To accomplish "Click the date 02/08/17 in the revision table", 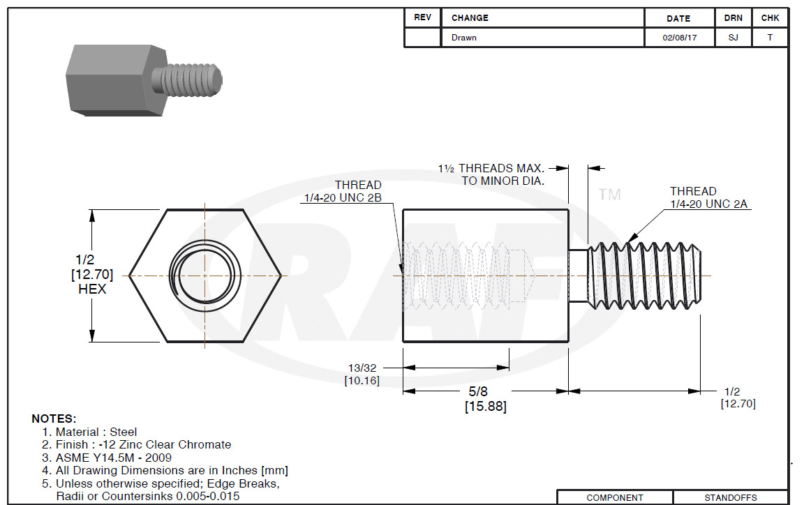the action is click(x=679, y=38).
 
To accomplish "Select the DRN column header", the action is click(x=734, y=18).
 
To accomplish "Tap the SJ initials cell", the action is click(x=734, y=38).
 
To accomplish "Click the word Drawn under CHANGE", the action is click(x=463, y=38).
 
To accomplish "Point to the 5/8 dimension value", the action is click(x=478, y=391).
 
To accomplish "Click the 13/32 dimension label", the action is click(x=362, y=368).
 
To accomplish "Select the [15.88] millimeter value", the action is click(x=486, y=407).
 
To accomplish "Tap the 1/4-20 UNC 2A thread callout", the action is click(x=708, y=204).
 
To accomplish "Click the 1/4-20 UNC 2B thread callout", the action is click(x=343, y=198).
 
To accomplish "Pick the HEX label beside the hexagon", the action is click(x=92, y=289).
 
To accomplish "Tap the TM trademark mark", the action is click(x=609, y=195).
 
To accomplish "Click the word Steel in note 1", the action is click(x=123, y=432).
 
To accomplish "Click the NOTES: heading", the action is click(x=54, y=419).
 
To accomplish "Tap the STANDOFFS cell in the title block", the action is click(x=731, y=498).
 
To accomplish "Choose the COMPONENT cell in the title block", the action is click(x=615, y=498).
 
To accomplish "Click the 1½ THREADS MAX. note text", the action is click(x=491, y=168).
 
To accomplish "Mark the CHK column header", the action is click(x=770, y=18).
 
